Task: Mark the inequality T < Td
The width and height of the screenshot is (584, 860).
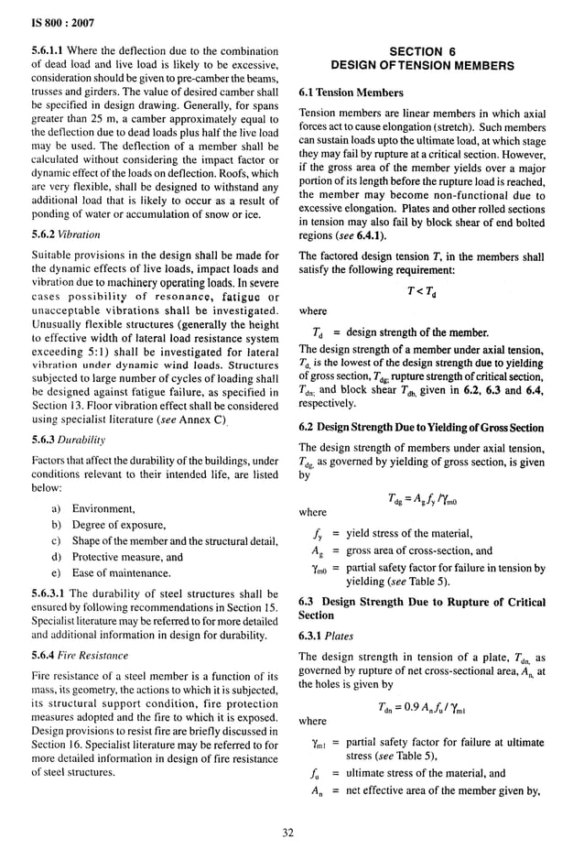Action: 421,291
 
